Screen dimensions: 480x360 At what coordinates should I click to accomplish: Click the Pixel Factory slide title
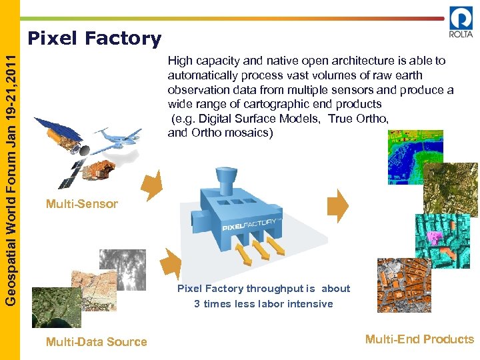[94, 39]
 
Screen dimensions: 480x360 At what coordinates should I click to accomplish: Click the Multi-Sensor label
[82, 204]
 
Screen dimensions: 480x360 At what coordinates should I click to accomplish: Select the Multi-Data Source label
[97, 342]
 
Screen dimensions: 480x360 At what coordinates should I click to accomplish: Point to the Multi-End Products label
[419, 339]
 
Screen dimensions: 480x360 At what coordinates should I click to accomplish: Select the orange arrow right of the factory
[341, 205]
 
